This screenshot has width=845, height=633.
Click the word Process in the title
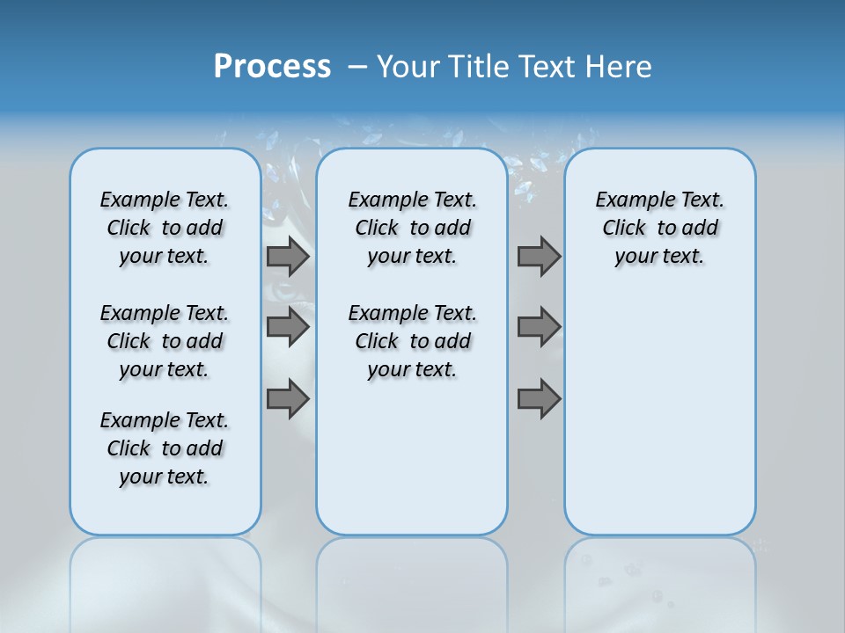(x=272, y=67)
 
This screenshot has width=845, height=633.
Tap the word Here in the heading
(x=620, y=67)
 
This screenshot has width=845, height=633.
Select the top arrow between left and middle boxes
(x=288, y=257)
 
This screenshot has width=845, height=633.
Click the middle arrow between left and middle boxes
(x=288, y=327)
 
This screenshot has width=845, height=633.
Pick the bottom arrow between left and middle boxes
(x=288, y=399)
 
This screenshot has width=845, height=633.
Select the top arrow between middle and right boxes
(x=539, y=257)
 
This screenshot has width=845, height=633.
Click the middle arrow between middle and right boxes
(x=539, y=327)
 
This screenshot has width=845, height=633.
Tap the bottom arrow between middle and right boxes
(x=539, y=399)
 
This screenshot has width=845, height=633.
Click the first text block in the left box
(x=165, y=228)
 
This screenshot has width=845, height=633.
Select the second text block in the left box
(x=165, y=341)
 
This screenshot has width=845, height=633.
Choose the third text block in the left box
(x=165, y=448)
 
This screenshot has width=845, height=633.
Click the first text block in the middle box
(x=412, y=228)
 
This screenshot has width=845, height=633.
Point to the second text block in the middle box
(x=412, y=341)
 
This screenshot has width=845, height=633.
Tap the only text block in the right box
(x=660, y=228)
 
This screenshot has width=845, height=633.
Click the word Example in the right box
(x=628, y=200)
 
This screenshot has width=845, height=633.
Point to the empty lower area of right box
(x=660, y=413)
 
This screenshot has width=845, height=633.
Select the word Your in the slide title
(x=407, y=67)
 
